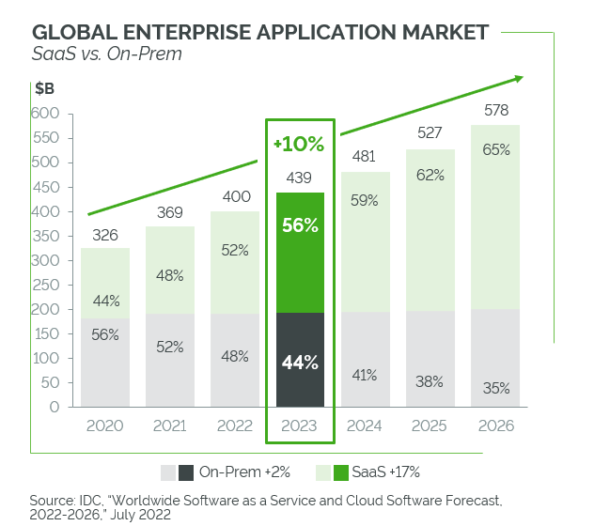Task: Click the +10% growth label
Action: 299,145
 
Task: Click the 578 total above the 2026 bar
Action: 496,110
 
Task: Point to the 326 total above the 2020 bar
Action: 104,234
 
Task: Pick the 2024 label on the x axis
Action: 366,425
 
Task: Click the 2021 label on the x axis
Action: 169,425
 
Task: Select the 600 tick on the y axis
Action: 46,114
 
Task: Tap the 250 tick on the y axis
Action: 46,260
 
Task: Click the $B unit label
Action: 45,90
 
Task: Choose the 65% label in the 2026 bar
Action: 496,149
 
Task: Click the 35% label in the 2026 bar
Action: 496,387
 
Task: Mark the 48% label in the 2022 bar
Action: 235,356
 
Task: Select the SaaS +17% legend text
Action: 386,472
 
